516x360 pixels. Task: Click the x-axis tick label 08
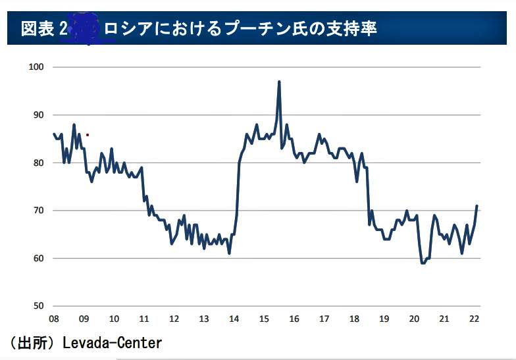[53, 319]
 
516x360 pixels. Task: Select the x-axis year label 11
[143, 319]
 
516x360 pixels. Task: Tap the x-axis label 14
[234, 319]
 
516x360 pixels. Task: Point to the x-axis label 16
[294, 319]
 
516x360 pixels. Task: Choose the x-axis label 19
[384, 319]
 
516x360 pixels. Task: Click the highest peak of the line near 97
[279, 82]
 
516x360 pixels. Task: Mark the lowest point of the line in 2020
[423, 263]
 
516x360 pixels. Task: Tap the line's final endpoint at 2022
[477, 206]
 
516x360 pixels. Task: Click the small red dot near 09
[87, 135]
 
